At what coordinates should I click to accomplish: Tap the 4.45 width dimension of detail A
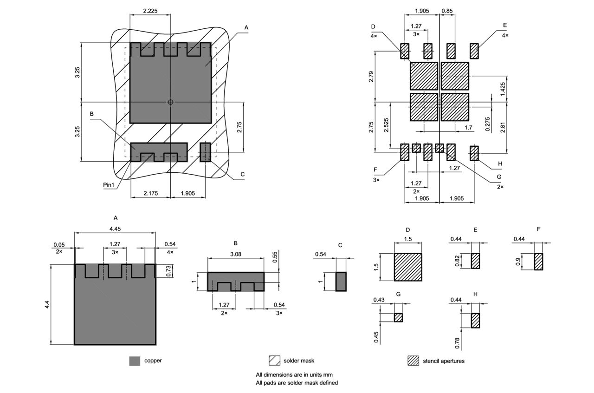115,229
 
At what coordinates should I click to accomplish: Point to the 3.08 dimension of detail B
235,254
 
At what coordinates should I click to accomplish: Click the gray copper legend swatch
135,361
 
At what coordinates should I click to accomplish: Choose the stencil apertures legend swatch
413,361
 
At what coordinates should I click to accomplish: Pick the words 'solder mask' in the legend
299,360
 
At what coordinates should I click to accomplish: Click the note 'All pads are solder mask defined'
297,383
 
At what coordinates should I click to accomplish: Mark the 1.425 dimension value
503,88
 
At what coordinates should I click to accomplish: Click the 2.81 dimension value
503,125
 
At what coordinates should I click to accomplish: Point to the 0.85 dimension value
447,11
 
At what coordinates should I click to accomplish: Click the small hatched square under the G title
398,317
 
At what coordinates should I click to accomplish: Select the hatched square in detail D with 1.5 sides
408,267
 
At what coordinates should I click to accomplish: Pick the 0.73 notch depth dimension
169,270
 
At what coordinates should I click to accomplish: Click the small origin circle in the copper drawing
170,102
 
